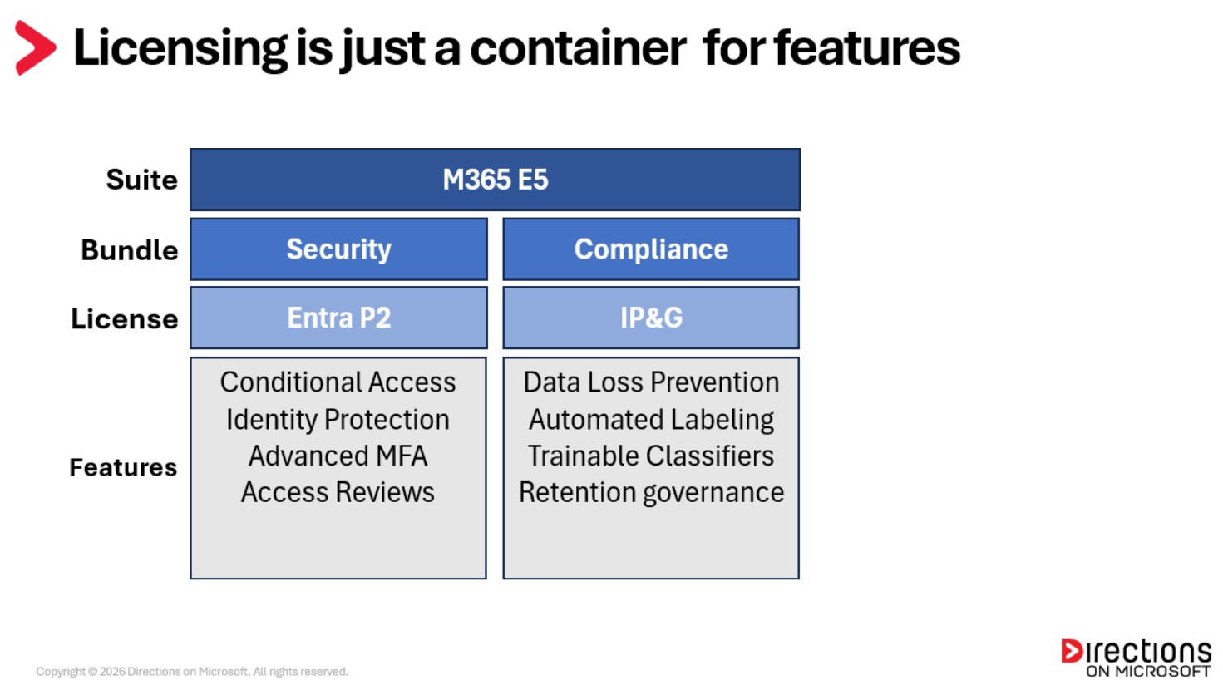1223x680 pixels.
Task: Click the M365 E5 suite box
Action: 495,180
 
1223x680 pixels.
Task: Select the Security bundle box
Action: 338,249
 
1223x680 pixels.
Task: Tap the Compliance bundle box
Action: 651,249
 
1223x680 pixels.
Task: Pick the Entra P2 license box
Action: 338,318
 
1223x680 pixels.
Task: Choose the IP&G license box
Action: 651,318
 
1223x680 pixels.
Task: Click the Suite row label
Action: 141,180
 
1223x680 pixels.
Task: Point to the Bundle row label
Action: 130,250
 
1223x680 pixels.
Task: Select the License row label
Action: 125,319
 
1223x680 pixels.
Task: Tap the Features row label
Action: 123,467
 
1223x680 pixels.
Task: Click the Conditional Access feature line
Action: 338,382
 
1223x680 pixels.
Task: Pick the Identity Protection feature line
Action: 338,420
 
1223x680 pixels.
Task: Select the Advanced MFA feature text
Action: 338,456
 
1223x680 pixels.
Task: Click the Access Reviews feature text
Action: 338,493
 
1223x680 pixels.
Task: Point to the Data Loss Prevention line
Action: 651,382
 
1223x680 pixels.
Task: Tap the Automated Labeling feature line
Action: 651,420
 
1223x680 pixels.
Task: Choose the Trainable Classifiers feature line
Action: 651,456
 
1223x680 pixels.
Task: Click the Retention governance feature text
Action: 651,493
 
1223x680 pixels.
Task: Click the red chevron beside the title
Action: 35,48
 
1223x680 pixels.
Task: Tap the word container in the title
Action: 578,48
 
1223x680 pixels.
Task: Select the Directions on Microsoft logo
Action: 1136,658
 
